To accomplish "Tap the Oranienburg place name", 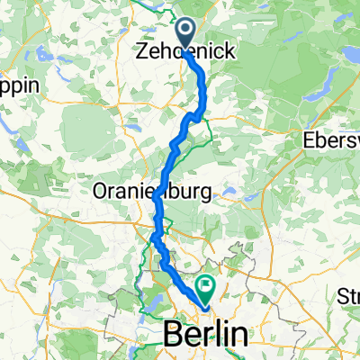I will click(151, 191).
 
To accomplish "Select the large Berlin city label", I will click(205, 335).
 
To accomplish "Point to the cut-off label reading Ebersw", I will click(330, 141).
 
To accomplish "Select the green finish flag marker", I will click(207, 288).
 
